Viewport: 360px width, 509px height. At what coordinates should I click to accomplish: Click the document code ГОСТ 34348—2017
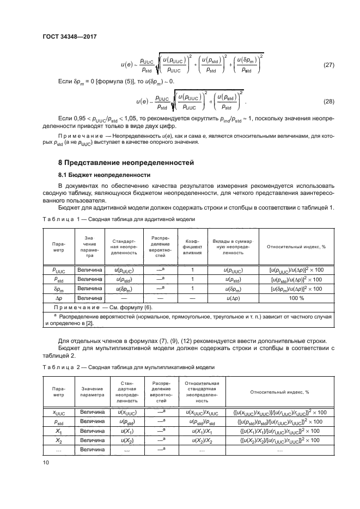click(74, 37)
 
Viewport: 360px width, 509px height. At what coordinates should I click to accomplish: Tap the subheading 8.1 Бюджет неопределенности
click(104, 175)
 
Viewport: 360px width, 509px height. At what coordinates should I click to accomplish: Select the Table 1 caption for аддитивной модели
click(118, 218)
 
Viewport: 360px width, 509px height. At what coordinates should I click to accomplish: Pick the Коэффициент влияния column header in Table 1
click(193, 246)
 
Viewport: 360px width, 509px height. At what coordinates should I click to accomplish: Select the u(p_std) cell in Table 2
click(127, 421)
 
